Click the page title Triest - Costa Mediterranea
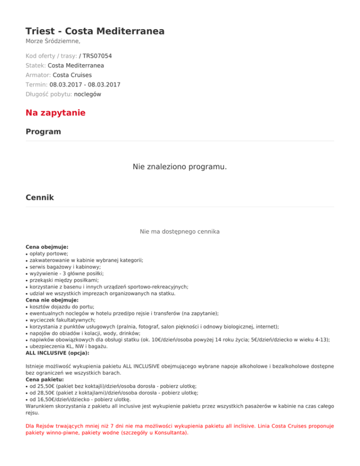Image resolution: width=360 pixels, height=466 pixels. point(95,31)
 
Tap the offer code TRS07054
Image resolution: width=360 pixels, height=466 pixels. point(97,56)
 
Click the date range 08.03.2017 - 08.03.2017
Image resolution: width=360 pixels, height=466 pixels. point(85,84)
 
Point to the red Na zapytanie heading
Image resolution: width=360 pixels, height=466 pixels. point(55,113)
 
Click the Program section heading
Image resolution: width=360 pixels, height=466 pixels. point(43,132)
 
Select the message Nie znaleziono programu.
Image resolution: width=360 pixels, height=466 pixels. point(180,166)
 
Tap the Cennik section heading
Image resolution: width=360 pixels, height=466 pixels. point(40,198)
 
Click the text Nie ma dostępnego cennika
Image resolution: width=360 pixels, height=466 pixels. point(180,231)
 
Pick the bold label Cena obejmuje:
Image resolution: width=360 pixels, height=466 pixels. point(47,246)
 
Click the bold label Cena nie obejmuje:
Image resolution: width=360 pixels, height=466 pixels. point(52,300)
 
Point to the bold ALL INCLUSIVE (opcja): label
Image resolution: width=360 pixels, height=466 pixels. point(57,346)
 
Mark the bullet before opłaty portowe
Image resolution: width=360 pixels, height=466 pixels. point(27,253)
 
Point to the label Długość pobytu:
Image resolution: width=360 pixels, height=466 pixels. point(49,94)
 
